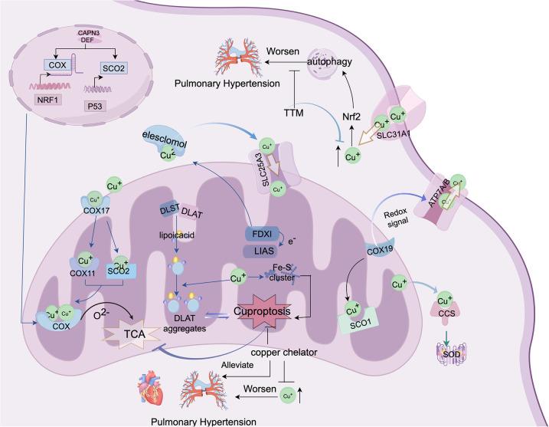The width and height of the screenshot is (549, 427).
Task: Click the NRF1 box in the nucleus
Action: tap(48, 100)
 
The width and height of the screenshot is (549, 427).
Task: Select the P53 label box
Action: tap(95, 107)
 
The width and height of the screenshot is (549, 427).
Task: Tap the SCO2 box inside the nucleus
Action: tap(114, 67)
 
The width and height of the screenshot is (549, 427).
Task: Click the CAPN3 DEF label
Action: tap(87, 37)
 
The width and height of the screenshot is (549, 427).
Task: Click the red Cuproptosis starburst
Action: tap(262, 311)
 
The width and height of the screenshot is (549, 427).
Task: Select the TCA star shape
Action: tap(133, 333)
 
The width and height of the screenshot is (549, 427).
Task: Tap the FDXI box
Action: tap(263, 234)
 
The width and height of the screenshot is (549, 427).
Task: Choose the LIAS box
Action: tap(261, 251)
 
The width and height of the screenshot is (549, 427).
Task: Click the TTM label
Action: tap(293, 113)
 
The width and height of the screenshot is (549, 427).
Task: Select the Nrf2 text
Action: tap(351, 117)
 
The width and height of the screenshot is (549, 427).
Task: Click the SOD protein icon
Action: tap(451, 353)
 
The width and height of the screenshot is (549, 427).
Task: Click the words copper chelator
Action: tap(284, 352)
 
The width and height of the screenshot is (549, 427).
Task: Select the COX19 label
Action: tap(379, 250)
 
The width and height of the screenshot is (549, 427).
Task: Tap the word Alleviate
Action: tap(237, 365)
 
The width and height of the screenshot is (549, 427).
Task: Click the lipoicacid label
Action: tap(176, 235)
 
